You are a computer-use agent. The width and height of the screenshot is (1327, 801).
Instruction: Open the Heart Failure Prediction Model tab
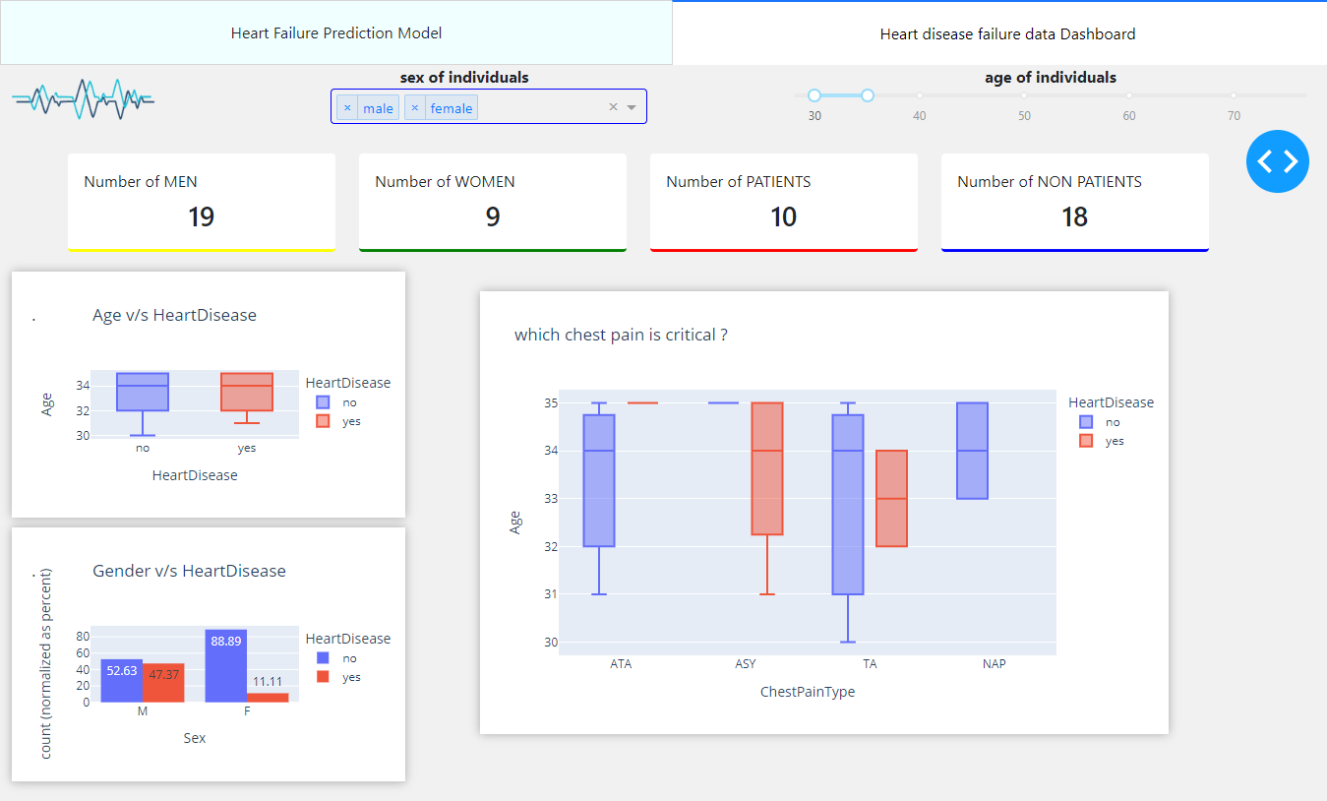point(336,33)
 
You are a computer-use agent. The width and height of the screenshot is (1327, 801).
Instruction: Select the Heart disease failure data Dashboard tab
point(1007,34)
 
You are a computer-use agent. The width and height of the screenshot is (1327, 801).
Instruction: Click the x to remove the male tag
point(347,108)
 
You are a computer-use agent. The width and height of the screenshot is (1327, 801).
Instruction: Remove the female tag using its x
point(414,108)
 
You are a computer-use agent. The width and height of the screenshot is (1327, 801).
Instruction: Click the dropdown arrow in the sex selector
point(632,107)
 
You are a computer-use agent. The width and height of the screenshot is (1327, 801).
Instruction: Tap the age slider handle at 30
point(814,95)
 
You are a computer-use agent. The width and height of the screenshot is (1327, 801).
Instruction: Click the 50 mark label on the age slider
point(1024,116)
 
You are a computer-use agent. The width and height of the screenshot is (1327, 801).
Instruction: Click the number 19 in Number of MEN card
point(201,217)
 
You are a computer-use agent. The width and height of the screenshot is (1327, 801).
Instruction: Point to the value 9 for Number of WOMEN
point(492,217)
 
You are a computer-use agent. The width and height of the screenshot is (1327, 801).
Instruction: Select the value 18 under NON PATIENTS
point(1074,217)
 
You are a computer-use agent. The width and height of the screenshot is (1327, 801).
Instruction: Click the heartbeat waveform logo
point(83,98)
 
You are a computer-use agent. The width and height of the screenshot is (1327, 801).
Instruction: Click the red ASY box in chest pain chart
point(767,468)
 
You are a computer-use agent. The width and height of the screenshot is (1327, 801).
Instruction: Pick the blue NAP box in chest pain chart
point(972,451)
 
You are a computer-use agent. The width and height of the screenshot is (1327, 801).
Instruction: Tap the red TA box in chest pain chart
point(891,498)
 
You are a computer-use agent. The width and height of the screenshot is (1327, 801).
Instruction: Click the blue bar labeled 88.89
point(226,665)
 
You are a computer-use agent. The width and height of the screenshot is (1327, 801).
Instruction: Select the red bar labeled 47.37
point(163,682)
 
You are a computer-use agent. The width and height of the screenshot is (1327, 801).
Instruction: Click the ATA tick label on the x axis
point(621,664)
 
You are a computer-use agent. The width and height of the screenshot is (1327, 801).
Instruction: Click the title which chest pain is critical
point(621,336)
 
